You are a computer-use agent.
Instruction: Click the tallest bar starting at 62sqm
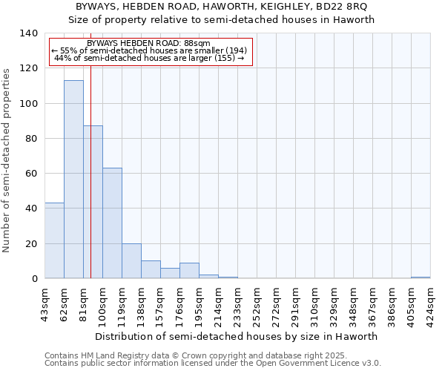tap(73, 180)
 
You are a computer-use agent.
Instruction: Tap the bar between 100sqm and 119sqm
tap(112, 223)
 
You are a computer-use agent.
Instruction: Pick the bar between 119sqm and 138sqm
tap(131, 261)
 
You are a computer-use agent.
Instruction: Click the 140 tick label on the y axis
tap(28, 33)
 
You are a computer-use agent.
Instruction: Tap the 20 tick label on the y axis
tap(31, 243)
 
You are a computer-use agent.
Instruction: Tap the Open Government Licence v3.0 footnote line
tap(213, 363)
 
